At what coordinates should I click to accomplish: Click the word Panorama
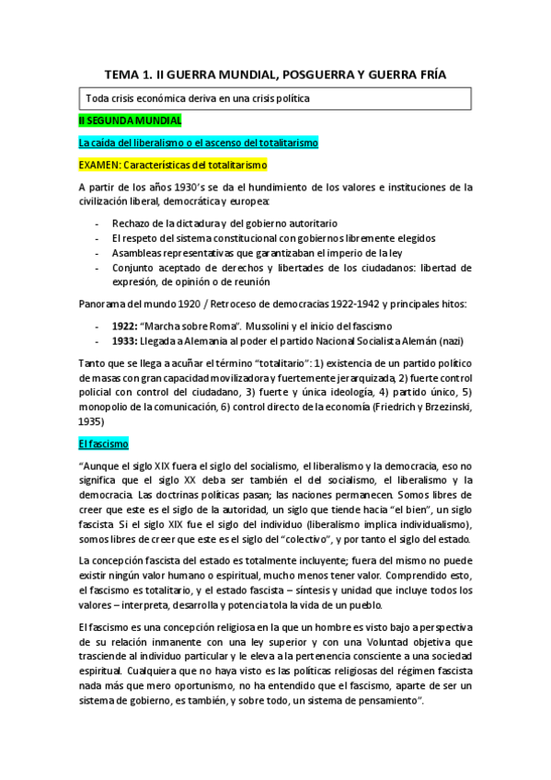tap(104, 304)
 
